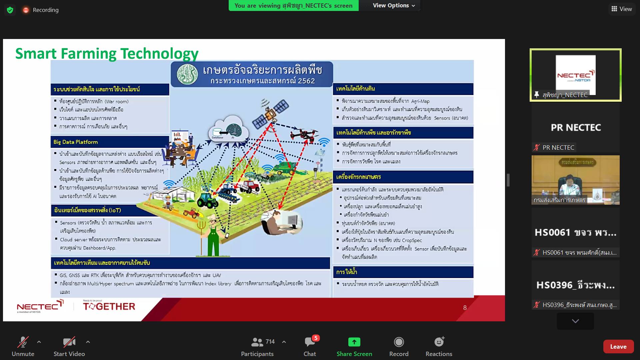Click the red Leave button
(618, 347)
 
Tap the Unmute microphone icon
(23, 342)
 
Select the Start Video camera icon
(69, 342)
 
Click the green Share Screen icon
(354, 342)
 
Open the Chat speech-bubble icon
(310, 342)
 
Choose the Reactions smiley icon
(439, 342)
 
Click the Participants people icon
(257, 342)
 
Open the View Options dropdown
(394, 5)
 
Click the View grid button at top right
(622, 9)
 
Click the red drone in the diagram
(304, 134)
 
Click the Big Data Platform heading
(76, 142)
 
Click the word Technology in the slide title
(159, 54)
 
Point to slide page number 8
(465, 308)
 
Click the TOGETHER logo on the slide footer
(109, 306)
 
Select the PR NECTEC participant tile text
(576, 128)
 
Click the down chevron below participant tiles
(575, 321)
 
